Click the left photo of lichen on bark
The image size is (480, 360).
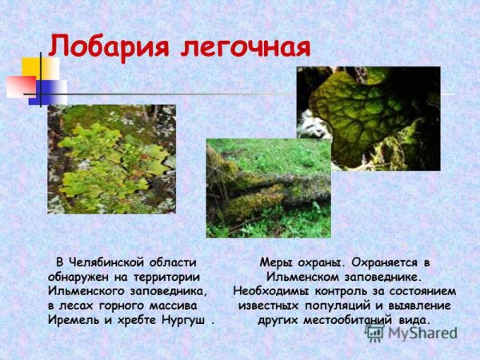click(x=111, y=158)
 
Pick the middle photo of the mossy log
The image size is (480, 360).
click(x=268, y=188)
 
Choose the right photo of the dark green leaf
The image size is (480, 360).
click(x=368, y=118)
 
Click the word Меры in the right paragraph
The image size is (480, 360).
click(x=276, y=262)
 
